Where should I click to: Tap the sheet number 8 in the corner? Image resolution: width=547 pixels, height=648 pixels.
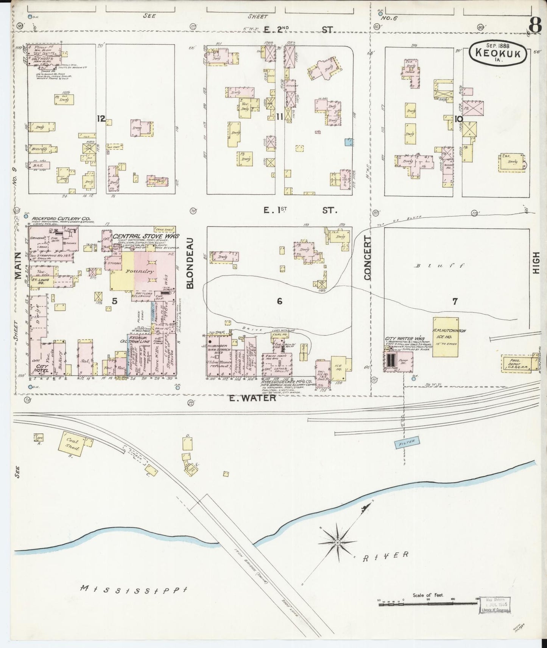click(535, 26)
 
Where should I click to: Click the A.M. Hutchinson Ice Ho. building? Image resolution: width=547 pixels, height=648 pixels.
click(446, 337)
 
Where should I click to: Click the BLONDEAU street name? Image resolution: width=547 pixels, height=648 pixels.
click(190, 263)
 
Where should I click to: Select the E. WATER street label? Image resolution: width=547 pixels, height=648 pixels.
click(252, 397)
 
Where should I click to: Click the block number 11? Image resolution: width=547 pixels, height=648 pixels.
click(279, 118)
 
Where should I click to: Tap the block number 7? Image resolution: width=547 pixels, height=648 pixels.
click(455, 301)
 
